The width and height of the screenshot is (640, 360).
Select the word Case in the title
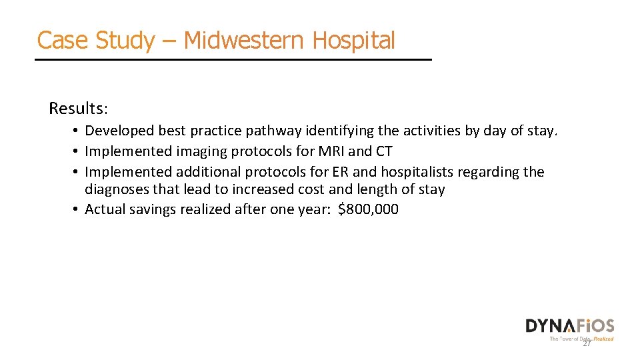point(62,41)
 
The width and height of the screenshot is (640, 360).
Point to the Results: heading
point(77,108)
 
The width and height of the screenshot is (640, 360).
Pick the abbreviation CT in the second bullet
point(384,151)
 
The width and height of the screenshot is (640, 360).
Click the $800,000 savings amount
point(369,209)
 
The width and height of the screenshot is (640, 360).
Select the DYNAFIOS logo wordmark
point(569,326)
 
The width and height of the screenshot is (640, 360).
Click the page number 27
point(587,343)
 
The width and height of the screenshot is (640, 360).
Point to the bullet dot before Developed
point(78,131)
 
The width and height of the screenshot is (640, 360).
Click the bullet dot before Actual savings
point(78,210)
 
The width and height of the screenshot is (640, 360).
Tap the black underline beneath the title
point(233,60)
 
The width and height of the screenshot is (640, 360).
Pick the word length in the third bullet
point(373,189)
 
